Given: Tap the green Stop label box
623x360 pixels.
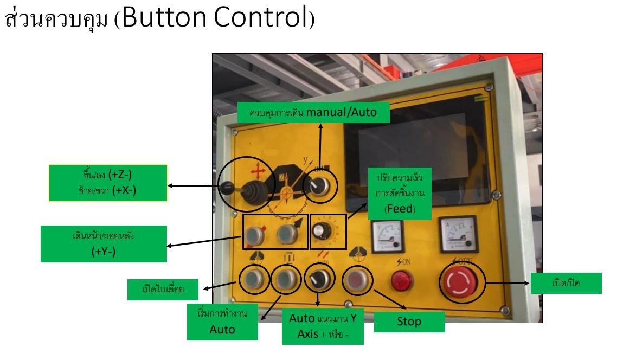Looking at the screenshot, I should pyautogui.click(x=409, y=322).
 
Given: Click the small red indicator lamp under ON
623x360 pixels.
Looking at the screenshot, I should pyautogui.click(x=402, y=280).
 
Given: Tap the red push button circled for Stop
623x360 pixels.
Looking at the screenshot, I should pyautogui.click(x=357, y=280).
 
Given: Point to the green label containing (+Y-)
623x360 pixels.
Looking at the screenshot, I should pyautogui.click(x=104, y=244).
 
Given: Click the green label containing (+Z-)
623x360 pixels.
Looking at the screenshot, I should pyautogui.click(x=108, y=183).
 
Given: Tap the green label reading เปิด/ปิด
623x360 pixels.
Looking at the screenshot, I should pyautogui.click(x=566, y=283).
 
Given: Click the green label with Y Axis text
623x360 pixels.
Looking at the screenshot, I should pyautogui.click(x=323, y=326).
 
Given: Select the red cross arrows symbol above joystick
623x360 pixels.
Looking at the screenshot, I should pyautogui.click(x=258, y=173).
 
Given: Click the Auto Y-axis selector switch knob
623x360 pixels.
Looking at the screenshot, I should pyautogui.click(x=317, y=280).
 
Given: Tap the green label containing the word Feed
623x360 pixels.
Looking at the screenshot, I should pyautogui.click(x=400, y=193).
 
